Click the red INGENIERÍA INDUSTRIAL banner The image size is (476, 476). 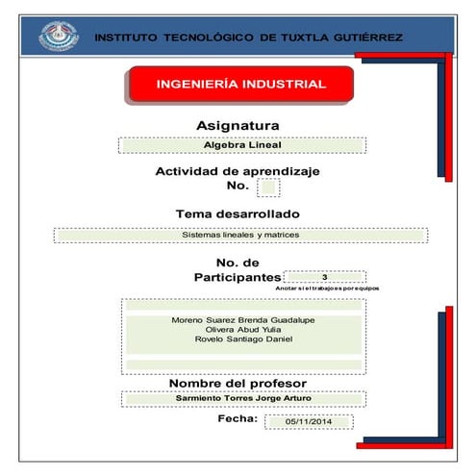240,85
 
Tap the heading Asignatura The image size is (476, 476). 238,125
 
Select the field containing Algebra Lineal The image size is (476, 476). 240,145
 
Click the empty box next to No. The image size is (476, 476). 268,187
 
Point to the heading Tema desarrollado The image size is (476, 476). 238,213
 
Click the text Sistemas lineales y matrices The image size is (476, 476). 240,235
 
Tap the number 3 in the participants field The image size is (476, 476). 325,277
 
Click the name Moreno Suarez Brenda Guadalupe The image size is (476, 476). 242,319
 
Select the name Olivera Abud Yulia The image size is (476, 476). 242,330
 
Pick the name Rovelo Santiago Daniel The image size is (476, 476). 242,340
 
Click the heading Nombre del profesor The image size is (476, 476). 238,384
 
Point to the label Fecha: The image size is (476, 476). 238,419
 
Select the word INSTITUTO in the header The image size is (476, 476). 127,38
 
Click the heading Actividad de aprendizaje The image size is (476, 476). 238,171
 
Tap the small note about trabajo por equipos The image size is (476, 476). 327,288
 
